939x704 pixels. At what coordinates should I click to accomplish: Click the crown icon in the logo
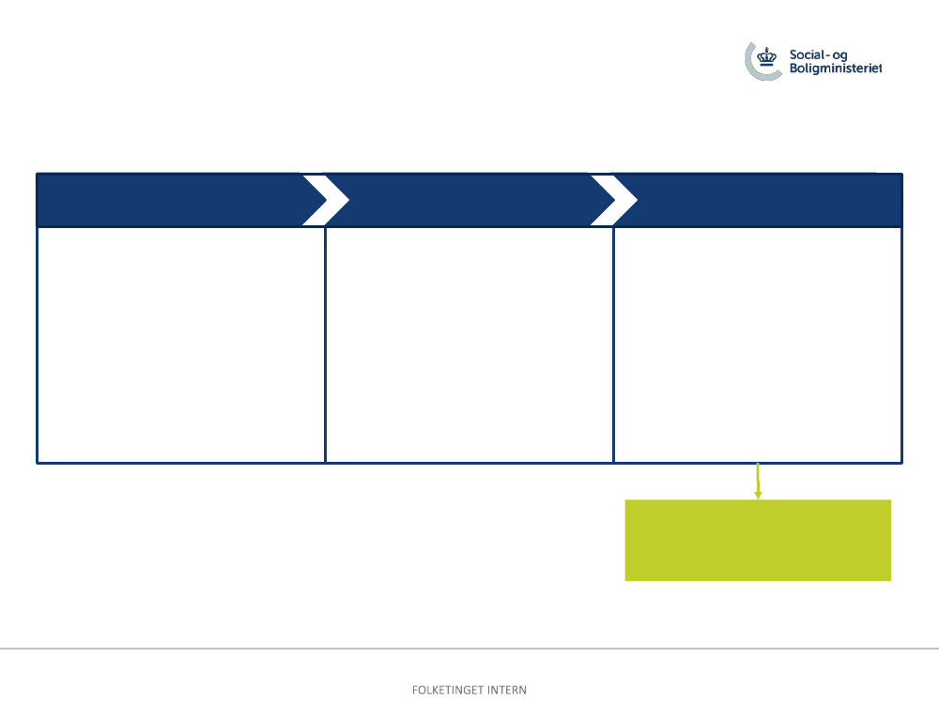pos(766,57)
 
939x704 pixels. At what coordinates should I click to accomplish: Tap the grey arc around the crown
pos(749,66)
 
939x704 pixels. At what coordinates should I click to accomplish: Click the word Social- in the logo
pos(808,54)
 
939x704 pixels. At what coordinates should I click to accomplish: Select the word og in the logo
pos(839,55)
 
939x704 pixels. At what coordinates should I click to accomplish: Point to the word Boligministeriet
pos(836,69)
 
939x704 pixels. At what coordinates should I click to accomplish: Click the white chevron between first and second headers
pos(326,200)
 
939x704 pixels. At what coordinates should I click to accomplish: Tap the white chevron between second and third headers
pos(614,200)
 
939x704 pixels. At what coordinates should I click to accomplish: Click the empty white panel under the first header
pos(181,344)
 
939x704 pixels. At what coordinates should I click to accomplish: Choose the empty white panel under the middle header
pos(469,344)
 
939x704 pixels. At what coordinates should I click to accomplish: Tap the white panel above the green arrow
pos(758,344)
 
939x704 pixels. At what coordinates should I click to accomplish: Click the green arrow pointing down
pos(758,482)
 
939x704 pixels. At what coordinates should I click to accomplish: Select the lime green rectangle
pos(758,540)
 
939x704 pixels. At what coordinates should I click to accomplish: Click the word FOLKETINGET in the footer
pos(448,690)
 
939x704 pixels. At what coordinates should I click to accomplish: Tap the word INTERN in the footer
pos(507,690)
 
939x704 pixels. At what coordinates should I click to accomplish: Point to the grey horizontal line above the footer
pos(469,649)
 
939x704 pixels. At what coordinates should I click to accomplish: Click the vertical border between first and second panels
pos(325,344)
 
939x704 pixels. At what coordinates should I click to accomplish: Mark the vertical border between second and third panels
pos(614,344)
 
